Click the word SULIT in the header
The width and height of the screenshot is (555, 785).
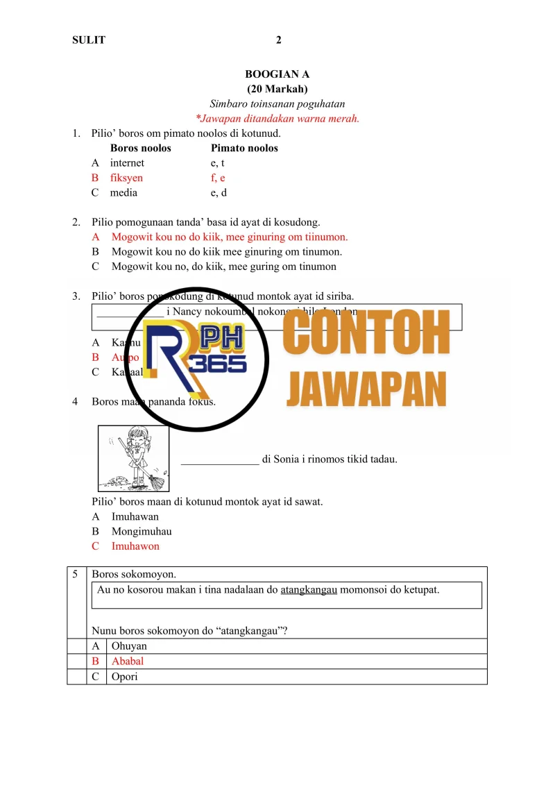click(89, 40)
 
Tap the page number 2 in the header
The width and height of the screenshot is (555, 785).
click(278, 40)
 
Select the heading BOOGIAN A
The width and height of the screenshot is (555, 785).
click(277, 74)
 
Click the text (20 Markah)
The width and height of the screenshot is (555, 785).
click(277, 89)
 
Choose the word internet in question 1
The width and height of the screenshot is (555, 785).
click(127, 163)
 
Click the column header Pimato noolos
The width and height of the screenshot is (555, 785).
click(244, 148)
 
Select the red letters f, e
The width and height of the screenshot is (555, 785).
click(218, 178)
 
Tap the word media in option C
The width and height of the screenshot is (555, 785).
click(123, 192)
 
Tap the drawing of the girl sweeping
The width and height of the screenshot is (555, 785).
click(133, 458)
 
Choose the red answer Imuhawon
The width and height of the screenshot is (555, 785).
click(135, 546)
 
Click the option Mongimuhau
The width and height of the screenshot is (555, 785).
click(142, 532)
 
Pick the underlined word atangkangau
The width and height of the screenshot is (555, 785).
click(309, 590)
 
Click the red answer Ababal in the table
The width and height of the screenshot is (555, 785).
click(128, 661)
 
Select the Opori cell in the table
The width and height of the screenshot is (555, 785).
click(125, 676)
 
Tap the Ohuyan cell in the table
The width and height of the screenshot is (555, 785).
click(129, 646)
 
